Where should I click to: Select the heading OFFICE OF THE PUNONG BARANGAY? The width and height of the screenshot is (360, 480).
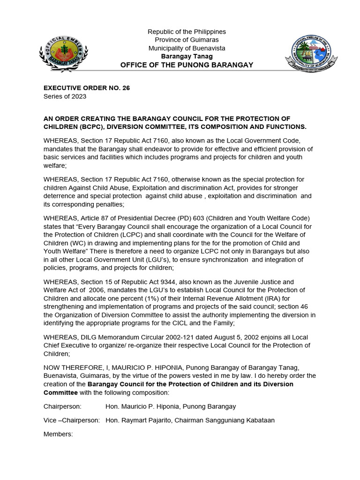(x=187, y=65)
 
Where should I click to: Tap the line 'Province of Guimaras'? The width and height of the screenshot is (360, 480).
(x=187, y=40)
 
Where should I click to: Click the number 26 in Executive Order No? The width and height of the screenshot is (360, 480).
(x=126, y=88)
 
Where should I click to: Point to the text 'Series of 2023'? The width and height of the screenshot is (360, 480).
(x=65, y=97)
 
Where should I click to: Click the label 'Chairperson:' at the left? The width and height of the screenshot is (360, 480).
(x=62, y=406)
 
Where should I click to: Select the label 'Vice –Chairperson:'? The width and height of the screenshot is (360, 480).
(x=71, y=420)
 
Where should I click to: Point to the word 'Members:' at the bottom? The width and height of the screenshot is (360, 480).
(x=58, y=434)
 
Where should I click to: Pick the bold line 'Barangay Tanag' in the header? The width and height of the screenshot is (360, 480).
(x=187, y=56)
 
